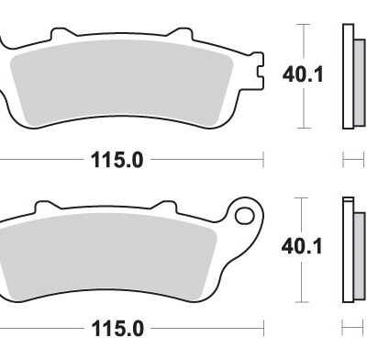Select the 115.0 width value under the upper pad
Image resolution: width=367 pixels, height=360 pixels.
click(117, 160)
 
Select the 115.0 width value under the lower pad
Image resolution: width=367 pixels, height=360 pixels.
click(117, 327)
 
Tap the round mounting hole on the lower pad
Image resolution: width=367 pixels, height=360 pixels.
click(245, 217)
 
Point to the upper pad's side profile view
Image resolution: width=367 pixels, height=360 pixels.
click(348, 73)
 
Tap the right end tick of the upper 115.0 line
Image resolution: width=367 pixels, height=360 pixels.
click(263, 160)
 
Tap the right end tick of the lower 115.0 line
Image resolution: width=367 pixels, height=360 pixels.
click(263, 327)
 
